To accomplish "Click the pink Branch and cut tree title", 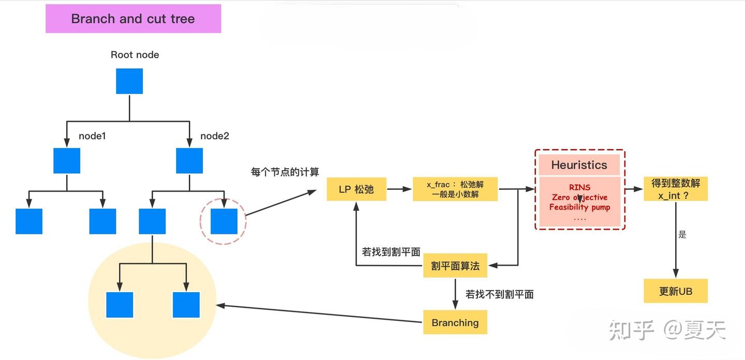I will (133, 19).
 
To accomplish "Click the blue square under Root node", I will (129, 81).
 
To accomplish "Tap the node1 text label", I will (92, 136).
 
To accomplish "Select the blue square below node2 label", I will (189, 160).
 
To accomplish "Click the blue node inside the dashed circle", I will (224, 221).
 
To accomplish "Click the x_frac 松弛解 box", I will (455, 189).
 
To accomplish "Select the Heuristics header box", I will (579, 165).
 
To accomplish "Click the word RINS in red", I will (579, 187).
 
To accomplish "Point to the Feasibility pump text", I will (579, 207).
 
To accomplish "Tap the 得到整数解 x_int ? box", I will (675, 189).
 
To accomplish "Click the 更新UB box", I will (675, 291).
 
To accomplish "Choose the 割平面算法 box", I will (455, 266).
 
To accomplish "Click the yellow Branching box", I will (455, 323).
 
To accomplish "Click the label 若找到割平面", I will (391, 252).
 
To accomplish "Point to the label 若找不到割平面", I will (499, 294).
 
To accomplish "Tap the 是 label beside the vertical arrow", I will (682, 235).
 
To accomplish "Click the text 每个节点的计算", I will (285, 172).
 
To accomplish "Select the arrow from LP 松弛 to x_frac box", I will (399, 189).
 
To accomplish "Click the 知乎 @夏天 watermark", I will (667, 330).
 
